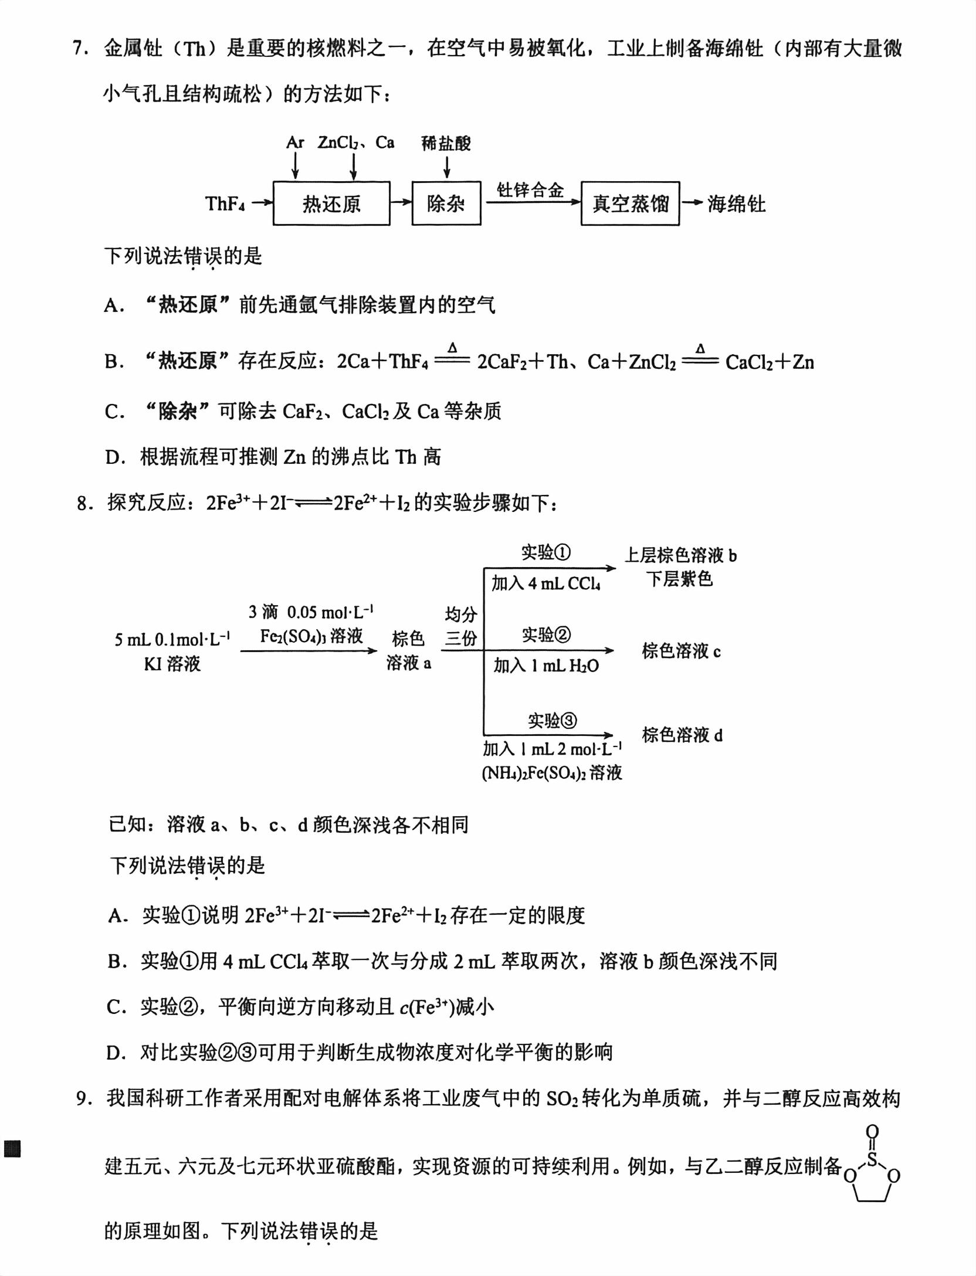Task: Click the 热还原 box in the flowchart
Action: point(331,203)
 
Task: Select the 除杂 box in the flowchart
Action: point(446,203)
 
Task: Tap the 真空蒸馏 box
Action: point(630,203)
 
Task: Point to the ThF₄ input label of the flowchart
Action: point(225,203)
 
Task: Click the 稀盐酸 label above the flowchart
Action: point(446,142)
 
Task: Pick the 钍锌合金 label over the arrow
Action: point(530,189)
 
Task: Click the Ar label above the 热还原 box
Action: point(295,142)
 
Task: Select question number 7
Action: point(80,48)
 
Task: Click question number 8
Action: point(84,503)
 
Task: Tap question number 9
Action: point(84,1098)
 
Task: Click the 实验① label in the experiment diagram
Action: point(546,552)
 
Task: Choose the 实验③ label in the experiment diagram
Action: point(552,720)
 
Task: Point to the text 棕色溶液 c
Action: point(681,651)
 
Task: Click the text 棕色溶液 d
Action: point(682,735)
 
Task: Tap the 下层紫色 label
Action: point(680,579)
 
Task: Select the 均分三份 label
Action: point(461,626)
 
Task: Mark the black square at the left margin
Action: point(12,1148)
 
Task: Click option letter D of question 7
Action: point(113,457)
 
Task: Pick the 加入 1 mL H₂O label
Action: point(546,666)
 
